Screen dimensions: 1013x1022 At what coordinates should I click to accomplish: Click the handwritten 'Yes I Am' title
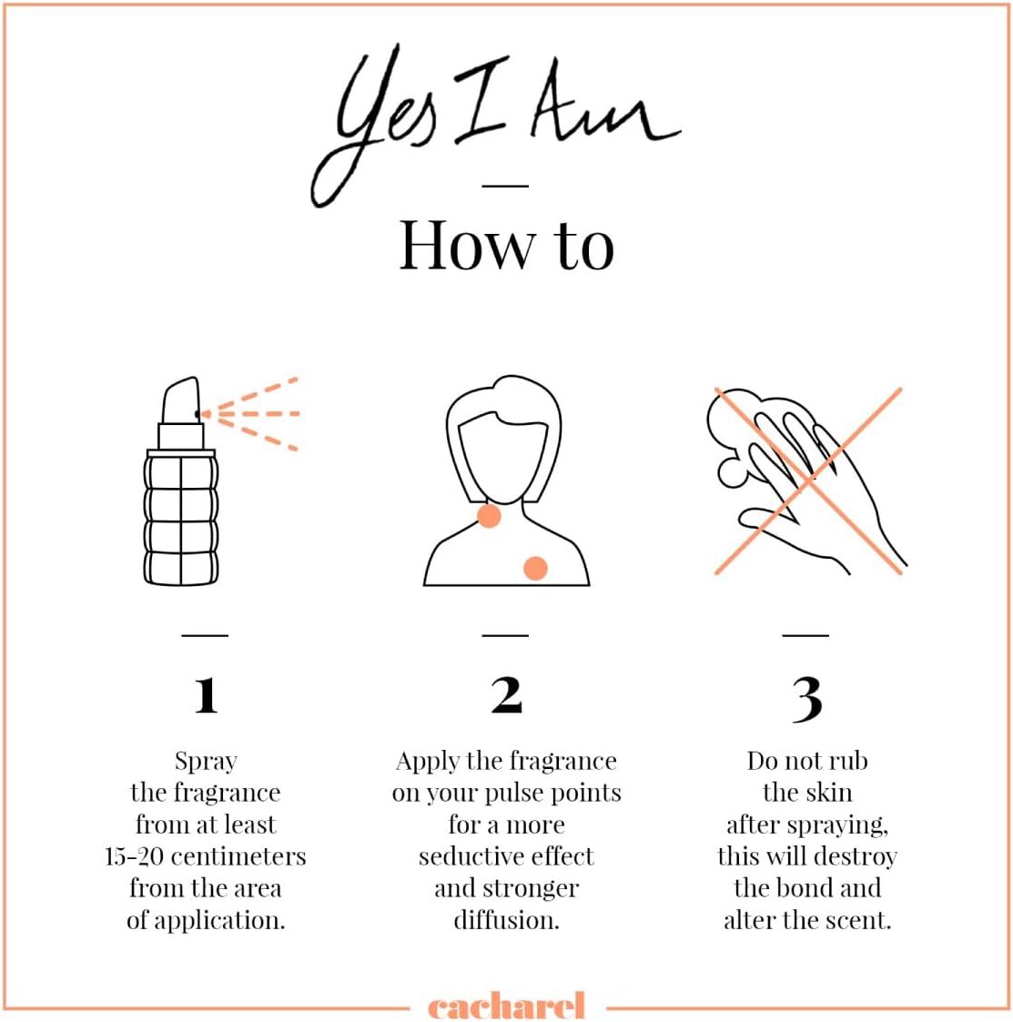[495, 124]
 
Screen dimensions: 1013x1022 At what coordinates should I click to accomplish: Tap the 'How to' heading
[506, 246]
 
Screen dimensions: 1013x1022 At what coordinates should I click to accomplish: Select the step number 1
[206, 695]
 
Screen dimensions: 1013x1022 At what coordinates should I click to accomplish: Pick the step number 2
[506, 695]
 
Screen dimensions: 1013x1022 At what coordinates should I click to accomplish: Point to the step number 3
[807, 699]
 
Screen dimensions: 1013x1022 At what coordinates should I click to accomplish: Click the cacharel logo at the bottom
[506, 1005]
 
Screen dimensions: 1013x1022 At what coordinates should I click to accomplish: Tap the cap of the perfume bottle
[180, 400]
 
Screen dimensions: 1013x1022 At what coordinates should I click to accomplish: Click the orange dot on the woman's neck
[489, 516]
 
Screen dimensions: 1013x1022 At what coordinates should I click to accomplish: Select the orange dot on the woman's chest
[536, 568]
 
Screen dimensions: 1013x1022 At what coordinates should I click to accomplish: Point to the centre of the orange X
[808, 481]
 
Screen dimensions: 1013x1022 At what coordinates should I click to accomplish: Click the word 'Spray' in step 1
[206, 762]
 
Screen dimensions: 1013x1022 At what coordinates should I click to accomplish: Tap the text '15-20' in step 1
[134, 856]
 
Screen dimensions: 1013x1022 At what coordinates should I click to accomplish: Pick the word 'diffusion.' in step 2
[506, 920]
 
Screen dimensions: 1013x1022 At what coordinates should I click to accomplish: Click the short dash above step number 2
[505, 635]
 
